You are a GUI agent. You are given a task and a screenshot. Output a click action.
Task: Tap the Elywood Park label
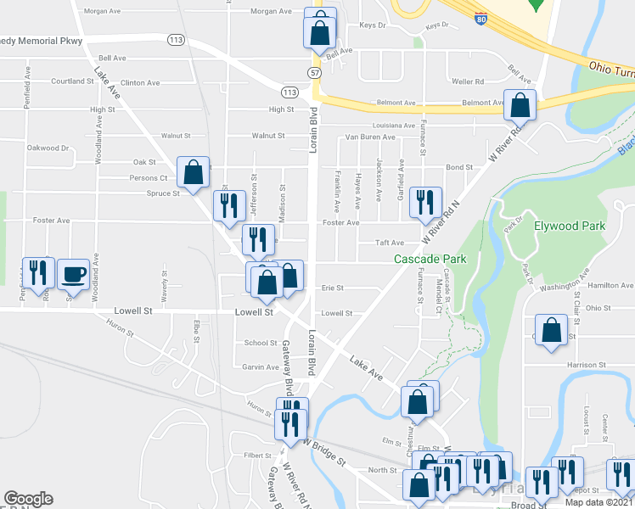[570, 227]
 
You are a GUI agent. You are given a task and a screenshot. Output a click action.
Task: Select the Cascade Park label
[423, 258]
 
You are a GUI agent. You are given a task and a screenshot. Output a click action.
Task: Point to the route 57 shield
[314, 75]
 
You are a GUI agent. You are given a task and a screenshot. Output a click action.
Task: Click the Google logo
[28, 499]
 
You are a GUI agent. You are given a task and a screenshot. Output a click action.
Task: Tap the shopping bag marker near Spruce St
[194, 172]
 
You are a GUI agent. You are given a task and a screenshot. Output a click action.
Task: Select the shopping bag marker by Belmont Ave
[520, 106]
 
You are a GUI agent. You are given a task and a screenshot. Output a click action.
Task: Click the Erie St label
[332, 288]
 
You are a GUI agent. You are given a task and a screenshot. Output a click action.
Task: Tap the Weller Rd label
[468, 81]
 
